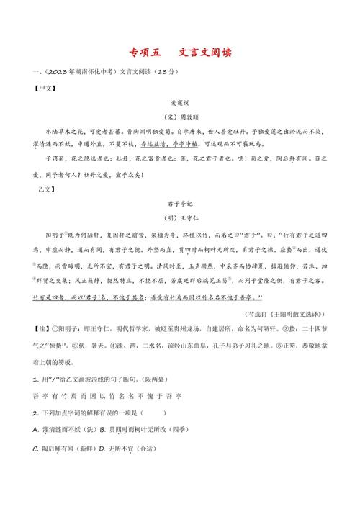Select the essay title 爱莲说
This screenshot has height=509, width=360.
coord(179,103)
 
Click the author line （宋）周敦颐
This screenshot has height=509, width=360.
coord(179,117)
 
